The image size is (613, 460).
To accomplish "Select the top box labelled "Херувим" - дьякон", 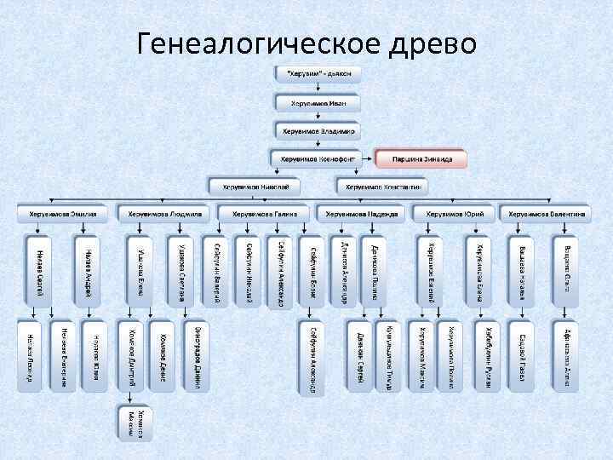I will [318, 74].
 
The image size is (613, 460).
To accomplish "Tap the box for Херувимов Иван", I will [318, 103].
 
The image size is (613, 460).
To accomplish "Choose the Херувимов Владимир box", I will [318, 131].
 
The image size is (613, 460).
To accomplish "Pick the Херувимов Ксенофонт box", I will [318, 158].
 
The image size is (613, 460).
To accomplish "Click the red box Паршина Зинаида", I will [421, 158].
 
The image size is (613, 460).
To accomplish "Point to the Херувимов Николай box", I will [256, 186].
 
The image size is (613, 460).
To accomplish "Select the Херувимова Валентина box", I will [545, 213].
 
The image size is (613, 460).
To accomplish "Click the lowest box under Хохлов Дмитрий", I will [131, 423].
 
